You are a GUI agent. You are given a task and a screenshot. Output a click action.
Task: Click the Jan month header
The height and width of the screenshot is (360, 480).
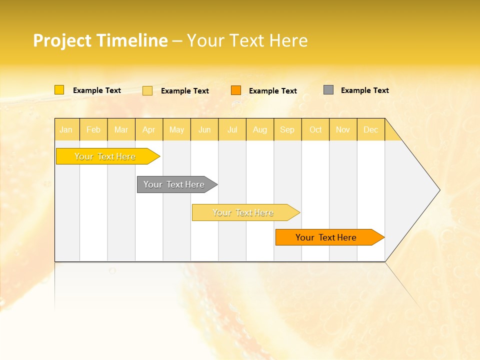pos(66,129)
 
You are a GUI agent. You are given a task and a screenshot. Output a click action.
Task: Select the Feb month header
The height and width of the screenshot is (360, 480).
pos(93,129)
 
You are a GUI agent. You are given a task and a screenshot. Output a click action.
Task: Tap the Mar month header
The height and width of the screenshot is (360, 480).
pos(121,129)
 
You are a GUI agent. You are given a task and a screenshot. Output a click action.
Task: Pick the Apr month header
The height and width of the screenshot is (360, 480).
pos(149,129)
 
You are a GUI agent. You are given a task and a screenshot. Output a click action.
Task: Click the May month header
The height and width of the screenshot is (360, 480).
pos(176,129)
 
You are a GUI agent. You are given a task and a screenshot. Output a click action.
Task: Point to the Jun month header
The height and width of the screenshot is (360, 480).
pos(204,129)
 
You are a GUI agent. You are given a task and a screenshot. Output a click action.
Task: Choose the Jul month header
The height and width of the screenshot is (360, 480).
pos(232,129)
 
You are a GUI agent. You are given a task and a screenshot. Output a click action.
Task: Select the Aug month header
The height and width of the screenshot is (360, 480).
pos(260,129)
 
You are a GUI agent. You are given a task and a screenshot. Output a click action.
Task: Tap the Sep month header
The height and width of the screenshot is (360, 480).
pos(287,129)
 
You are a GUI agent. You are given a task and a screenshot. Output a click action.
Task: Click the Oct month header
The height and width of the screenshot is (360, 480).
pos(315,129)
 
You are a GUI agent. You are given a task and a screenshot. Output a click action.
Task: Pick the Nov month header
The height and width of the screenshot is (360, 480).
pos(343,129)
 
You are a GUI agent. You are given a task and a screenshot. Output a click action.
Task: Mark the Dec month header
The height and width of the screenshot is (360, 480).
pos(371,129)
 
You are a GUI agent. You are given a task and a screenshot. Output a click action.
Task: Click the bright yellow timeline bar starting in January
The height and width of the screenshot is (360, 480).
pos(105,156)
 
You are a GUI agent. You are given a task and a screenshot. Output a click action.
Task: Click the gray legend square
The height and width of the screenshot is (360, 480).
pos(328,90)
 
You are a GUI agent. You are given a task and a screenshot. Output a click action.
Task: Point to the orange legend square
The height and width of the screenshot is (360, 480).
pos(236,90)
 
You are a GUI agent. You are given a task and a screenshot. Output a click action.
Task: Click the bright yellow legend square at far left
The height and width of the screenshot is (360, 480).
pos(59,90)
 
